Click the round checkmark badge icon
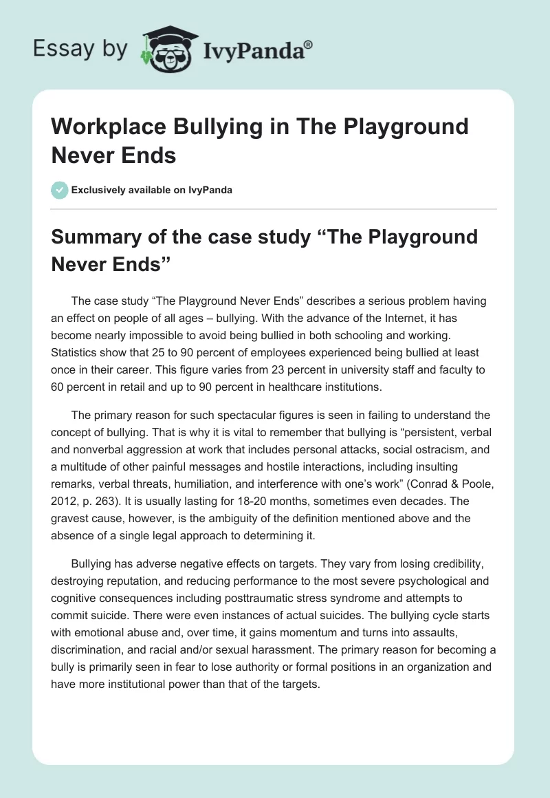point(60,190)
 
